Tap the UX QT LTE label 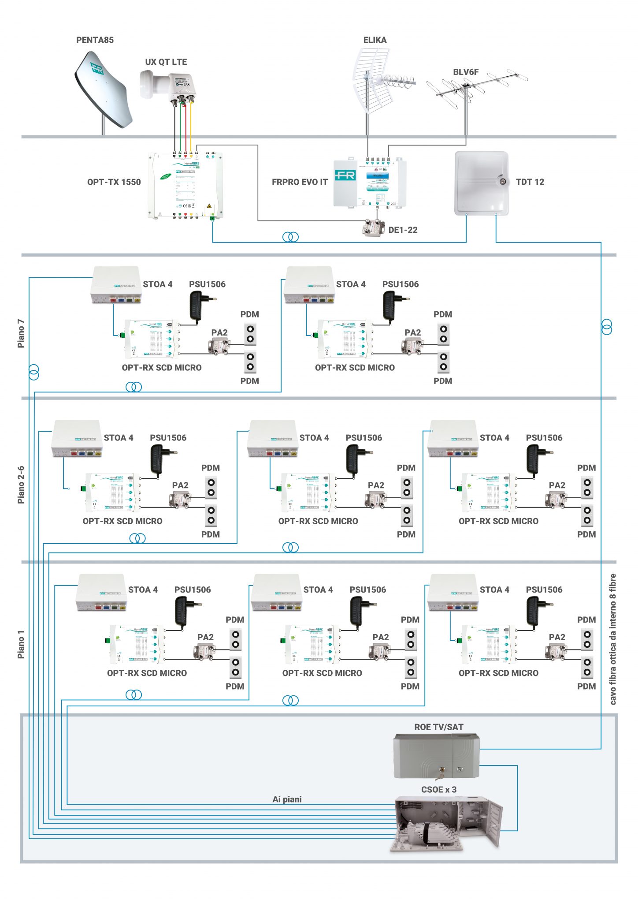pos(166,62)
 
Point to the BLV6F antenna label pos(466,72)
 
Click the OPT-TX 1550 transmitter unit pos(185,185)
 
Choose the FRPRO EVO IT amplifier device pos(369,183)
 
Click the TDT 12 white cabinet pos(481,183)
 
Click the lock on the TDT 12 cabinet pos(502,181)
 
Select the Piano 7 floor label pos(21,333)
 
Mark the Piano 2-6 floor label pos(21,485)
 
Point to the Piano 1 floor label pos(21,644)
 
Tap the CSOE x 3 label pos(439,790)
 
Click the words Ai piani pos(287,799)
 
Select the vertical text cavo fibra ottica pos(613,639)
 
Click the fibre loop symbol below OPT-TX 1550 pos(290,237)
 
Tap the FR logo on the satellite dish pos(97,68)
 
